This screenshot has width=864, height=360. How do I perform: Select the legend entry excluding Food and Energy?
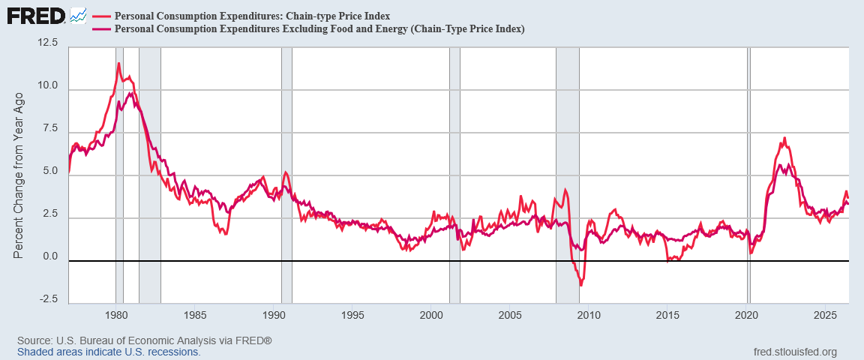coord(319,29)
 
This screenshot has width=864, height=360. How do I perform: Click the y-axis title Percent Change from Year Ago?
coord(18,175)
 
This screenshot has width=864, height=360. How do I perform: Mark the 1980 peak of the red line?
coord(118,63)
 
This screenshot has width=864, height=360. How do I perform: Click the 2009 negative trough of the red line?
coord(580,285)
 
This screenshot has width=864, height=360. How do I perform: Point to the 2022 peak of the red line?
coord(784,138)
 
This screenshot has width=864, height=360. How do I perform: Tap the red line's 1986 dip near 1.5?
coord(225,234)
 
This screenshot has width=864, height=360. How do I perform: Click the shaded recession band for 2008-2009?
coord(568,175)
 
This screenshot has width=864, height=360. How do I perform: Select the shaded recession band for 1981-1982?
coord(150,175)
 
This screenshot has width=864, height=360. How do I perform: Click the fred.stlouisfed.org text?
coord(794,352)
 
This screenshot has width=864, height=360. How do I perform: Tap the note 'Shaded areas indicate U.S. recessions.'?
coord(109,352)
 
